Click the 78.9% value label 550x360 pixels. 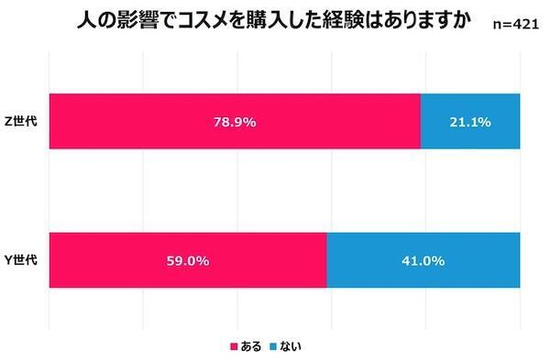tap(234, 121)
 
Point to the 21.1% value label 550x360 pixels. tap(469, 121)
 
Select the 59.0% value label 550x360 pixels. tap(187, 261)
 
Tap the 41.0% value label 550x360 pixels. tap(423, 261)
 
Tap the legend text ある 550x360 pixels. tap(251, 346)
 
